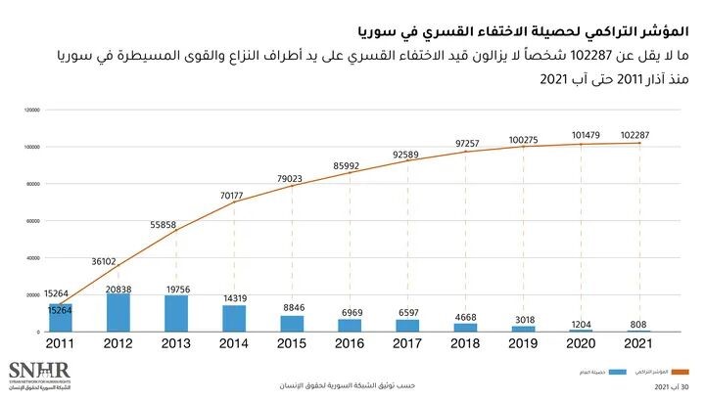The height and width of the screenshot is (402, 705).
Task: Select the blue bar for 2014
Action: point(234,319)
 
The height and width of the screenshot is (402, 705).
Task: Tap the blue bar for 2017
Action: point(408,326)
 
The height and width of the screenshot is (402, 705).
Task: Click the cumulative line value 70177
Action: point(231,196)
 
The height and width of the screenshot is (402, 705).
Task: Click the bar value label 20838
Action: point(117,290)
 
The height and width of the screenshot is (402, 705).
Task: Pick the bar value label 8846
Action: point(292,307)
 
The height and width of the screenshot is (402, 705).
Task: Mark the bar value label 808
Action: point(639,324)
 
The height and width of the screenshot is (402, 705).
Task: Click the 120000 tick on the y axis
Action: point(31,111)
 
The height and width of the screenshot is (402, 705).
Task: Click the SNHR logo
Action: point(31,376)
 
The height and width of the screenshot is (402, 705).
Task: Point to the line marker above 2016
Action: point(350,174)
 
